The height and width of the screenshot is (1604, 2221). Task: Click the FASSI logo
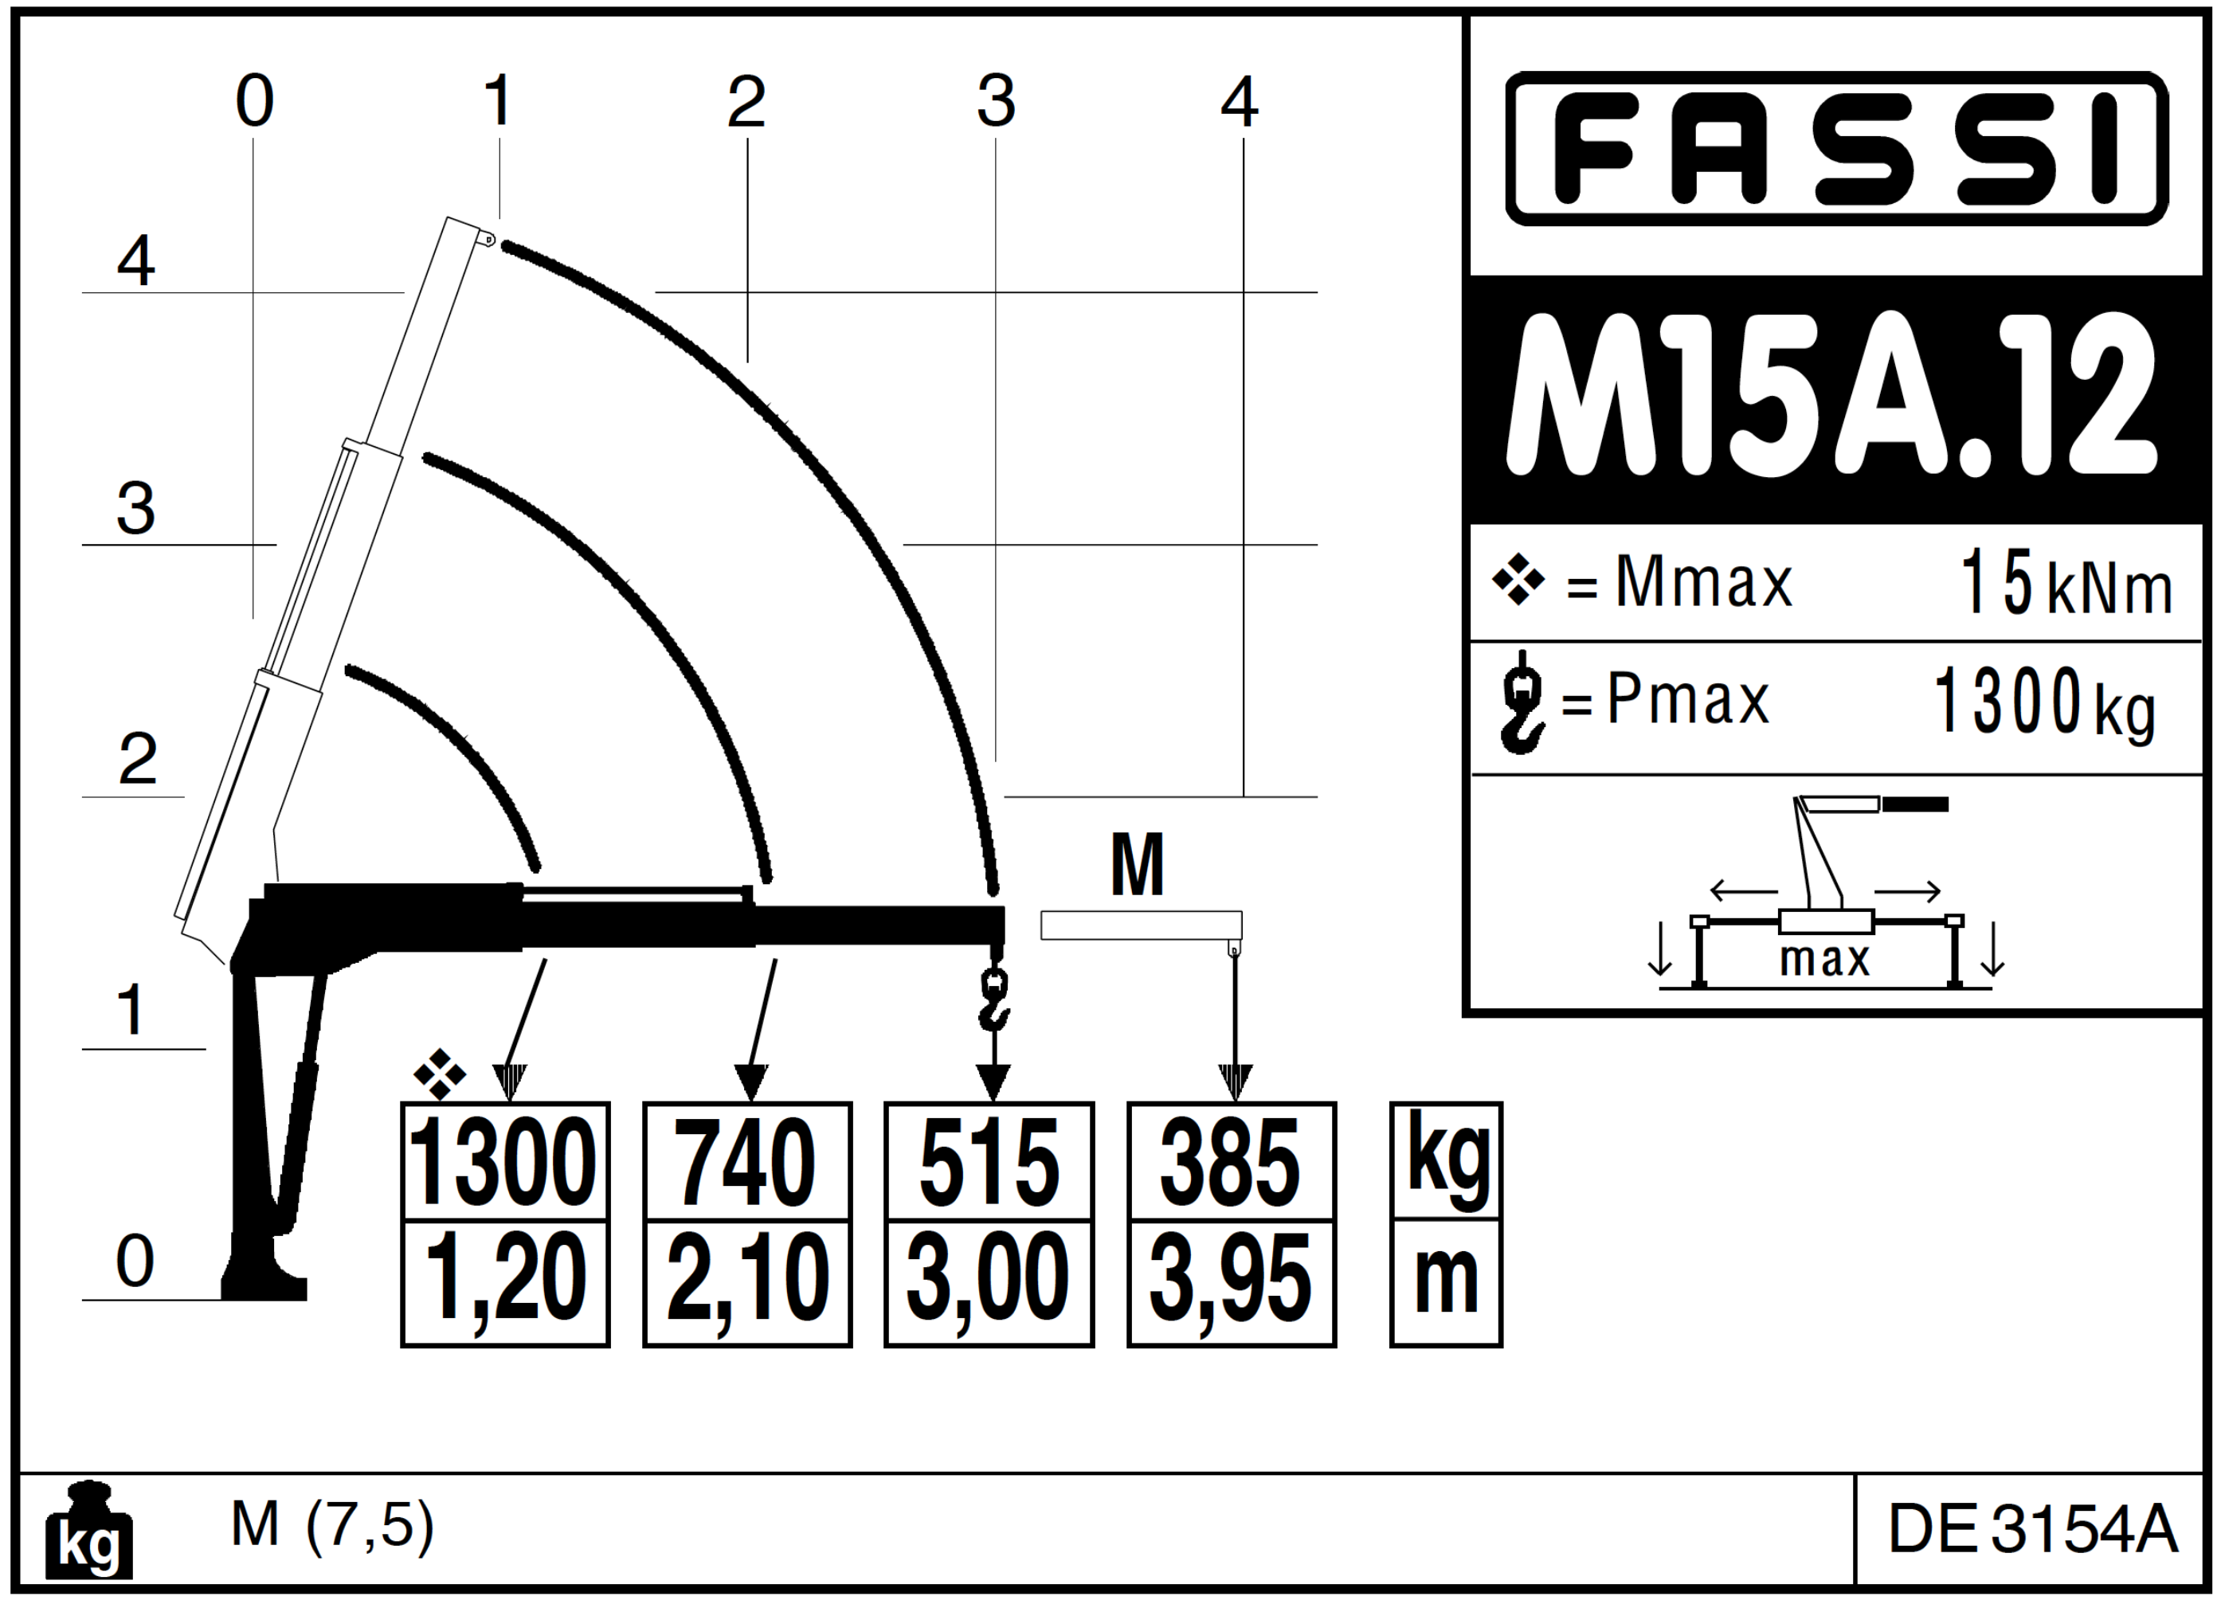pos(1836,148)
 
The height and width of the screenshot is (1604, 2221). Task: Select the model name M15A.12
pos(1832,397)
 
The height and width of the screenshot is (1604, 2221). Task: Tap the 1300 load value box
pos(504,1162)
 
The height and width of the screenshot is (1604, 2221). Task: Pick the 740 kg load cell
pos(747,1162)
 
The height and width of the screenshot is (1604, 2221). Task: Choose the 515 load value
pos(989,1162)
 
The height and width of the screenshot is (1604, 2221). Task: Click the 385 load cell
pos(1231,1162)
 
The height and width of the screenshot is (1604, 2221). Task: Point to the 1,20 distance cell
pos(504,1283)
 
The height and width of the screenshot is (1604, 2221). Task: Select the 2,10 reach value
pos(747,1283)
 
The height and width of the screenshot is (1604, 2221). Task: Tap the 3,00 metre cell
pos(989,1283)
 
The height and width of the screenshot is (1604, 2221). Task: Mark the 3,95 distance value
pos(1231,1283)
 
